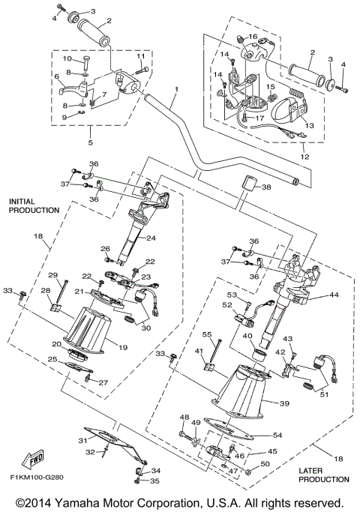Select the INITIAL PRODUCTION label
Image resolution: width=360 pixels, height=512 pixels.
tap(34, 206)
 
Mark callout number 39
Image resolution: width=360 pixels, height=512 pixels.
tap(284, 403)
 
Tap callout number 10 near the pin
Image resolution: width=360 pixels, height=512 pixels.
tap(64, 58)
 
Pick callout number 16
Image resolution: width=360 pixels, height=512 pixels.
tap(253, 37)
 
